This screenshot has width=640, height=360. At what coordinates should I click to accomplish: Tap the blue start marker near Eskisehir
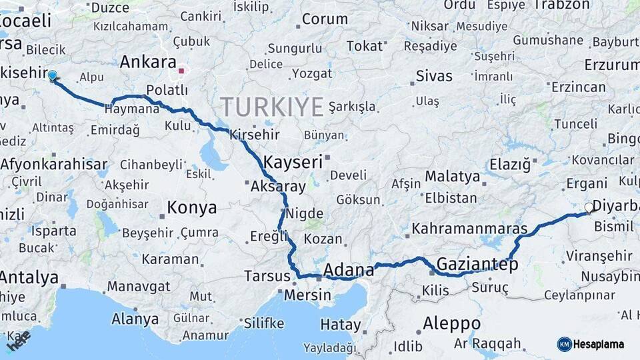53,76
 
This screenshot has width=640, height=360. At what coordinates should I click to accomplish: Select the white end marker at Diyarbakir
589,208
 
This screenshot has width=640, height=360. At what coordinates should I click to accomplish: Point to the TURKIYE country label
272,107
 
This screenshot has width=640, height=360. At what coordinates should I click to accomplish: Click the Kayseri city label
293,162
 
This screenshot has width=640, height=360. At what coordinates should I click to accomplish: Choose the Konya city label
191,208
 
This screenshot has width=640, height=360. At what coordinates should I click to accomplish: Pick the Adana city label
349,270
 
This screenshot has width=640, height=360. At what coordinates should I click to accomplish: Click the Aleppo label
451,323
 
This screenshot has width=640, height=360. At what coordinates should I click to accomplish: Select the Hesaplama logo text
600,344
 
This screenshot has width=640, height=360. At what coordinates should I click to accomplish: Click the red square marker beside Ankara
181,70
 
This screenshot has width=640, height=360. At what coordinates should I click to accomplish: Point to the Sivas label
434,75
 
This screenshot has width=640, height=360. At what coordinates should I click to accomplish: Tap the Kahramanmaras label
469,229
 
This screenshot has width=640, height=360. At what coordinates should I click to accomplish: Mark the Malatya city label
453,177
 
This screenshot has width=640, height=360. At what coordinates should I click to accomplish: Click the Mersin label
307,295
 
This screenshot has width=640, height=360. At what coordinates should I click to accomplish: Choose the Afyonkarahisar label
53,163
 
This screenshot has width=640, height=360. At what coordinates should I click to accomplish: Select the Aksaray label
278,187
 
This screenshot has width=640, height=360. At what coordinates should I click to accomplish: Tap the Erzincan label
579,87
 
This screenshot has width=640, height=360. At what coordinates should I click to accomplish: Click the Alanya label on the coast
135,319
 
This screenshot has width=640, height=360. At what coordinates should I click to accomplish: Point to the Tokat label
365,45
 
